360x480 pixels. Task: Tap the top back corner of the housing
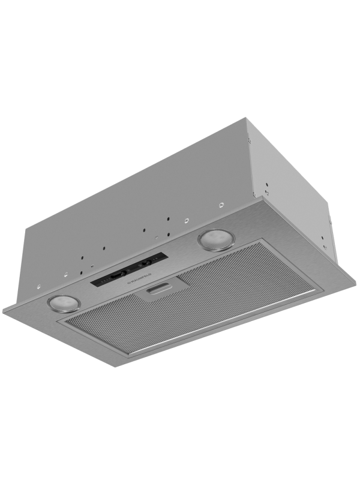[x=246, y=118]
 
